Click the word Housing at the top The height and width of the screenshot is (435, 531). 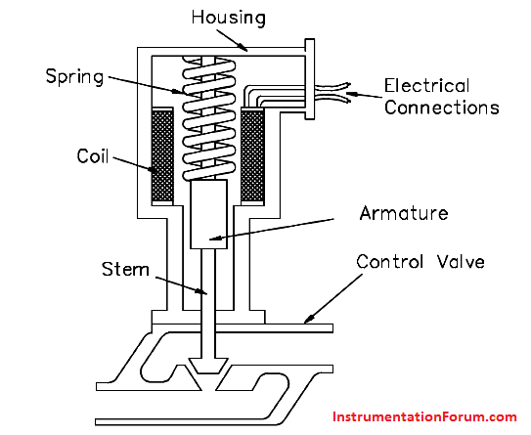click(x=228, y=18)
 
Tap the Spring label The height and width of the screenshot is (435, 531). click(x=74, y=77)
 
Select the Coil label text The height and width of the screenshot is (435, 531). click(x=93, y=156)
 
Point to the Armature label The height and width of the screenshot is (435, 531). click(x=404, y=213)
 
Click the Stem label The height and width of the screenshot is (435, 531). click(x=125, y=270)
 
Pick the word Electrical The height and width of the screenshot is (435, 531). click(x=426, y=86)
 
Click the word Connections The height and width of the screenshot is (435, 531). click(x=442, y=108)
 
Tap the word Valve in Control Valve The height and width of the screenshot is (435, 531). click(x=461, y=262)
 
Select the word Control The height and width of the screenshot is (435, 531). click(x=390, y=262)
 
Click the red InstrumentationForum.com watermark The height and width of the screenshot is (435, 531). click(x=424, y=416)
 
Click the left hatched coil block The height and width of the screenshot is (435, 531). click(x=162, y=156)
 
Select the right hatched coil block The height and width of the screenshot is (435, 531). click(x=252, y=156)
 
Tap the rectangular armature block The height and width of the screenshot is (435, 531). click(x=208, y=214)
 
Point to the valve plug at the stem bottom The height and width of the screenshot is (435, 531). click(x=208, y=366)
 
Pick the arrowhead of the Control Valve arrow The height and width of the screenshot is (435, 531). click(x=309, y=319)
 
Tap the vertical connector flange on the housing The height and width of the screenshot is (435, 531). click(x=310, y=79)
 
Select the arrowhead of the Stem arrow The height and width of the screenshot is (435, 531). click(x=201, y=291)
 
